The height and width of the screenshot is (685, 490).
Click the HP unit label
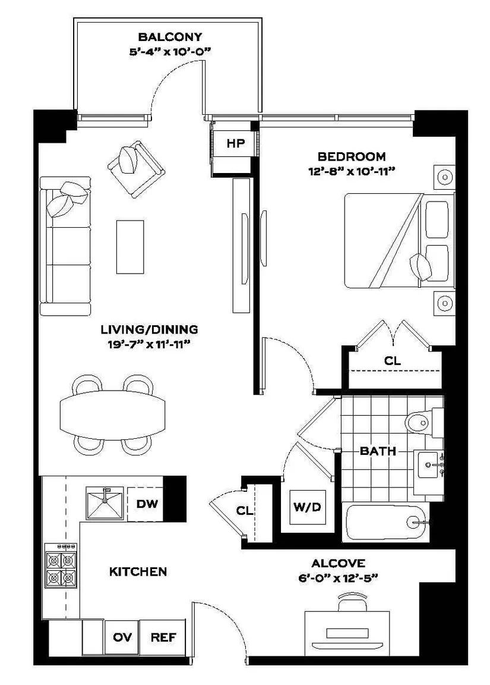(236, 143)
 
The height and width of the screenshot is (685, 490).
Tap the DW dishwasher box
(146, 504)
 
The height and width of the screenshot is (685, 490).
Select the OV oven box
(122, 637)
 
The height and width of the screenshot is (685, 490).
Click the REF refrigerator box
(163, 637)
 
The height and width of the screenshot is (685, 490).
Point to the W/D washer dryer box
(308, 507)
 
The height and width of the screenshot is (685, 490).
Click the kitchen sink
(105, 503)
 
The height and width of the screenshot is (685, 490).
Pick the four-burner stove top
(61, 565)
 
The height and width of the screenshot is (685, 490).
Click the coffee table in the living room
(130, 247)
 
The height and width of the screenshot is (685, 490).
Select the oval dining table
(113, 415)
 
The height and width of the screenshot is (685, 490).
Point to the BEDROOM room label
(351, 156)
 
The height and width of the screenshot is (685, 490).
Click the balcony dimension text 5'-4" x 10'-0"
(170, 52)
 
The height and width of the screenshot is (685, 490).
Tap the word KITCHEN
(138, 571)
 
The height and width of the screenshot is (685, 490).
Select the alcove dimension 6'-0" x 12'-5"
(338, 579)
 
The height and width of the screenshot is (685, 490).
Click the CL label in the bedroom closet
(392, 361)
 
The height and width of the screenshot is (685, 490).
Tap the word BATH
(378, 451)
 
